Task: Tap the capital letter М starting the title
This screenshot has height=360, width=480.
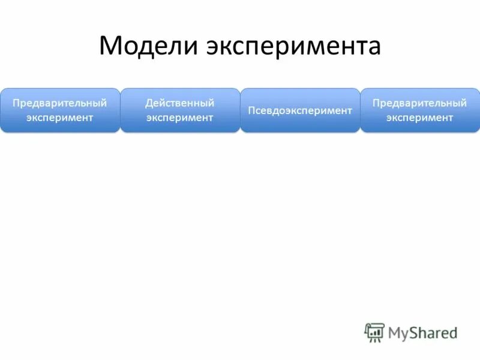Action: (x=112, y=46)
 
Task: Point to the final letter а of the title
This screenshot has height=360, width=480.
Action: (x=374, y=49)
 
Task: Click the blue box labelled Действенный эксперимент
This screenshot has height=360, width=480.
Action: (x=180, y=110)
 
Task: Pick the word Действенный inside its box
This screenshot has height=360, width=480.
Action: (x=180, y=103)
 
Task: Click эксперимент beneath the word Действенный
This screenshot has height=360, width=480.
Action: (x=180, y=118)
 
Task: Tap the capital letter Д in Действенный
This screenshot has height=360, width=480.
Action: (x=149, y=103)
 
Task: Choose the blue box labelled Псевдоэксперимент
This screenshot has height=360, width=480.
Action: (x=300, y=110)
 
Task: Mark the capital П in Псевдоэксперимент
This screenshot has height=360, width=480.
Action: (x=251, y=110)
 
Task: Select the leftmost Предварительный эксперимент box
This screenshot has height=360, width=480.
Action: (x=60, y=110)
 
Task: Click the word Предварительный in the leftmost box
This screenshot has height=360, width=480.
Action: (x=60, y=103)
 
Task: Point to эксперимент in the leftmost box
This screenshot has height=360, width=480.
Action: (x=60, y=118)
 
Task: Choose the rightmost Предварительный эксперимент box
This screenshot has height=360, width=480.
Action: (x=420, y=110)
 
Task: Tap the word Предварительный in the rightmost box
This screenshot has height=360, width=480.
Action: (x=420, y=103)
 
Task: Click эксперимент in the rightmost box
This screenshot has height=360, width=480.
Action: (x=420, y=118)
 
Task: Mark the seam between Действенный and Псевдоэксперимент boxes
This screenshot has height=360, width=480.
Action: (x=240, y=110)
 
